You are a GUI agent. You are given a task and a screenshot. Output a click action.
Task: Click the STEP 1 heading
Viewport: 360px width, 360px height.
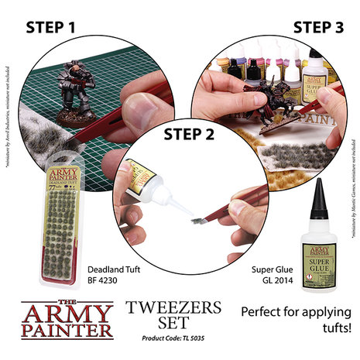63,29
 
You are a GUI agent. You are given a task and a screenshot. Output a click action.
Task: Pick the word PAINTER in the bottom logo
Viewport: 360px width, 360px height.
67,331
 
